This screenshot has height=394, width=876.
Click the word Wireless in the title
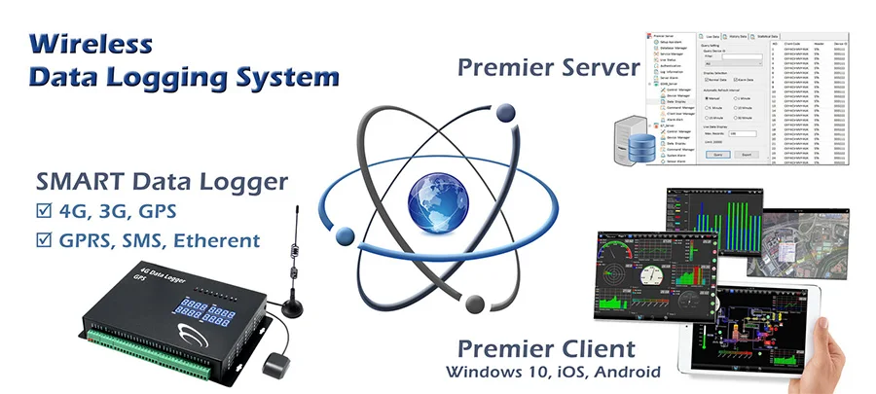[91, 44]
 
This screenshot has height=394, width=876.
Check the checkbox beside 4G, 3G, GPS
[41, 210]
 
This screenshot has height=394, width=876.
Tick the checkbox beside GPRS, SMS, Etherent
[41, 239]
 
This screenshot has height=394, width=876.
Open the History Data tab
[743, 37]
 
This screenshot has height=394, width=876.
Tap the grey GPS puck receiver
[274, 365]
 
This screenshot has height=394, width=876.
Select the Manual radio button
[707, 98]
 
